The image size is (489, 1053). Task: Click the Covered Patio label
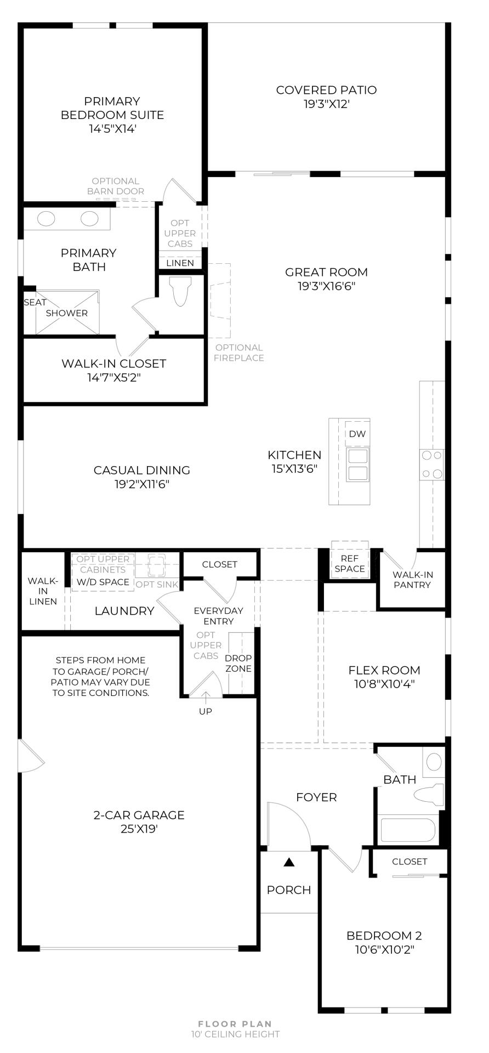(x=326, y=90)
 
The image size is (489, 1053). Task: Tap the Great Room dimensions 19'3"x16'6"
(x=326, y=286)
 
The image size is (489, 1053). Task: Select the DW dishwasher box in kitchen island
(x=357, y=434)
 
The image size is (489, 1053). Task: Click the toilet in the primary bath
(x=181, y=291)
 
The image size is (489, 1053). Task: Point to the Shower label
(x=67, y=313)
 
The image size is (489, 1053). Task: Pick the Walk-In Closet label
(x=113, y=364)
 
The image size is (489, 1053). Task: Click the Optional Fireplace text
(x=239, y=353)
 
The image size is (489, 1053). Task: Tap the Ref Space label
(x=350, y=564)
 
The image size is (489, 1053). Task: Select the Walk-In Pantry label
(x=412, y=580)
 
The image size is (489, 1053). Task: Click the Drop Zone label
(x=238, y=663)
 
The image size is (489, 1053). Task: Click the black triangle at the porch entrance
(x=289, y=862)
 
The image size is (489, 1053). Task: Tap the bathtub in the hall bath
(x=408, y=829)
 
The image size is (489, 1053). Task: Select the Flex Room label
(x=384, y=670)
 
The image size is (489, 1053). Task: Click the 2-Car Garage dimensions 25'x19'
(x=139, y=829)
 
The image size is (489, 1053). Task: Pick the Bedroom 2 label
(x=384, y=936)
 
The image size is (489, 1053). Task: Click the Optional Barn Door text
(x=116, y=186)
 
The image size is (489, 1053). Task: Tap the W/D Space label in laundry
(x=103, y=582)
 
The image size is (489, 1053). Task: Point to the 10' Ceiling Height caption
(x=235, y=1034)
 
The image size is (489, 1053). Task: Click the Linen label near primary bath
(x=180, y=263)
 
